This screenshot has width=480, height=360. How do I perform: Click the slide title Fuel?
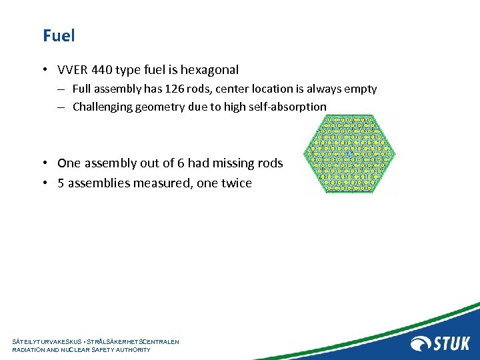point(59,35)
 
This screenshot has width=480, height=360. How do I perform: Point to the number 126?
point(160,89)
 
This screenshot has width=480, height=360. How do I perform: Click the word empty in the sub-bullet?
point(361,89)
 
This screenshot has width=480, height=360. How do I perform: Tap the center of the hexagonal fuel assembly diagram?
point(349,155)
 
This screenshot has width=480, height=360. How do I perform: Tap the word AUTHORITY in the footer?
point(131,350)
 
